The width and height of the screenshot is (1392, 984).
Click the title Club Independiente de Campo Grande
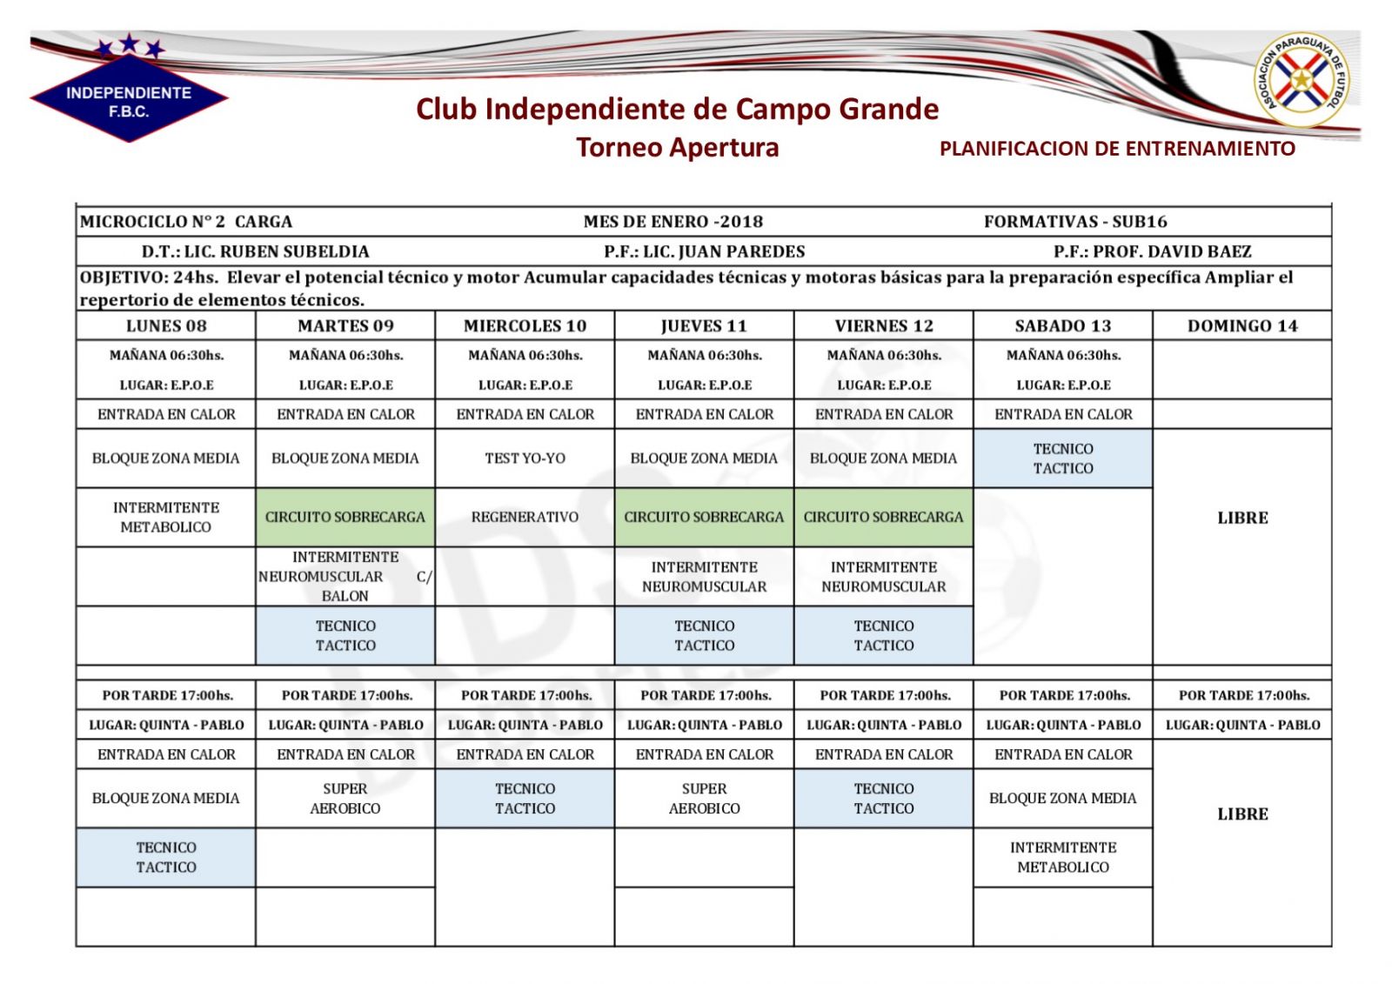coord(677,110)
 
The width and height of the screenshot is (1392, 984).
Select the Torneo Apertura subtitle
coord(677,148)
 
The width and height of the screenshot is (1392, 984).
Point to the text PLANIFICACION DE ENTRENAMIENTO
coord(1117,149)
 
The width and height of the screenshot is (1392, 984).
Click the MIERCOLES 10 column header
coord(525,326)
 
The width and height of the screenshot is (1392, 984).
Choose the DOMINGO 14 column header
coord(1241,326)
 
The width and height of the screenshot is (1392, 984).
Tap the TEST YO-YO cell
coord(525,459)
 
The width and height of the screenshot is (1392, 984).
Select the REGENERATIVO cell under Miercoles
coord(525,517)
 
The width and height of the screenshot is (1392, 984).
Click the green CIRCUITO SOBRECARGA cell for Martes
coord(345,517)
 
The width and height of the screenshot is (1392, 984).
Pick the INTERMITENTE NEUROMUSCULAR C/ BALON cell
coord(345,576)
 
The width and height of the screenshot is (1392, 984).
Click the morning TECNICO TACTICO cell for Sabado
coord(1063,459)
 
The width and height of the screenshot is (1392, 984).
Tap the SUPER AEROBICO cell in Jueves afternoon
coord(704,798)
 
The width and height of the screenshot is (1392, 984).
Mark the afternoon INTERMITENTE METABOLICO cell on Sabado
coord(1063,857)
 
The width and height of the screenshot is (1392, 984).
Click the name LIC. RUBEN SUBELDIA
coord(277,251)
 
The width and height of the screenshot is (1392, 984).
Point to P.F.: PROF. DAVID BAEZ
coord(1152,251)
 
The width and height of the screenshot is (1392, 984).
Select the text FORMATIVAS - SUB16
coord(1075,222)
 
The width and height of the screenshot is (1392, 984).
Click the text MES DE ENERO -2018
coord(673,222)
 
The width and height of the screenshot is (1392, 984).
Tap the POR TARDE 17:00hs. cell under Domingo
coord(1243,695)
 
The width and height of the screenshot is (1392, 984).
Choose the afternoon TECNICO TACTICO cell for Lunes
coord(166,857)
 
